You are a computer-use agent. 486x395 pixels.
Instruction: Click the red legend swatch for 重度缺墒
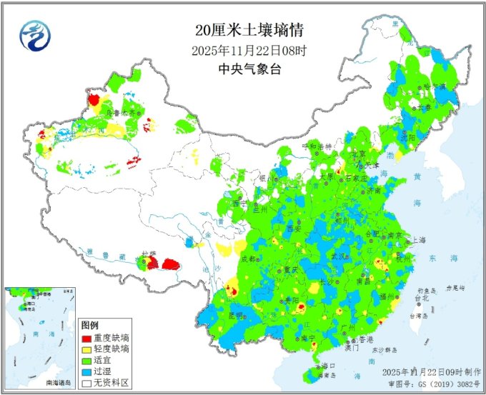(87, 338)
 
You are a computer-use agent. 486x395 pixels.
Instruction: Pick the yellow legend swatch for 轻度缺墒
(87, 349)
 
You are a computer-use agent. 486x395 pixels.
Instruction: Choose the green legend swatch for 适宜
(87, 361)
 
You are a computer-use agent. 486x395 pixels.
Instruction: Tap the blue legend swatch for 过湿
(87, 372)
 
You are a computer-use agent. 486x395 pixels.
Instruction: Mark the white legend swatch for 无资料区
(87, 384)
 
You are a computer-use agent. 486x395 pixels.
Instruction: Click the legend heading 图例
(89, 325)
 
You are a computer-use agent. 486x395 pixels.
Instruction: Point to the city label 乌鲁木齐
(119, 113)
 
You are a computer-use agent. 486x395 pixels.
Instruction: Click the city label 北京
(358, 154)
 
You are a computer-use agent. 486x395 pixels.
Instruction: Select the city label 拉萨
(148, 254)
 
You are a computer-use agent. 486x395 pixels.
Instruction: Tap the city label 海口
(329, 365)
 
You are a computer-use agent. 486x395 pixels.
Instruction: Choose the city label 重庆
(289, 270)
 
